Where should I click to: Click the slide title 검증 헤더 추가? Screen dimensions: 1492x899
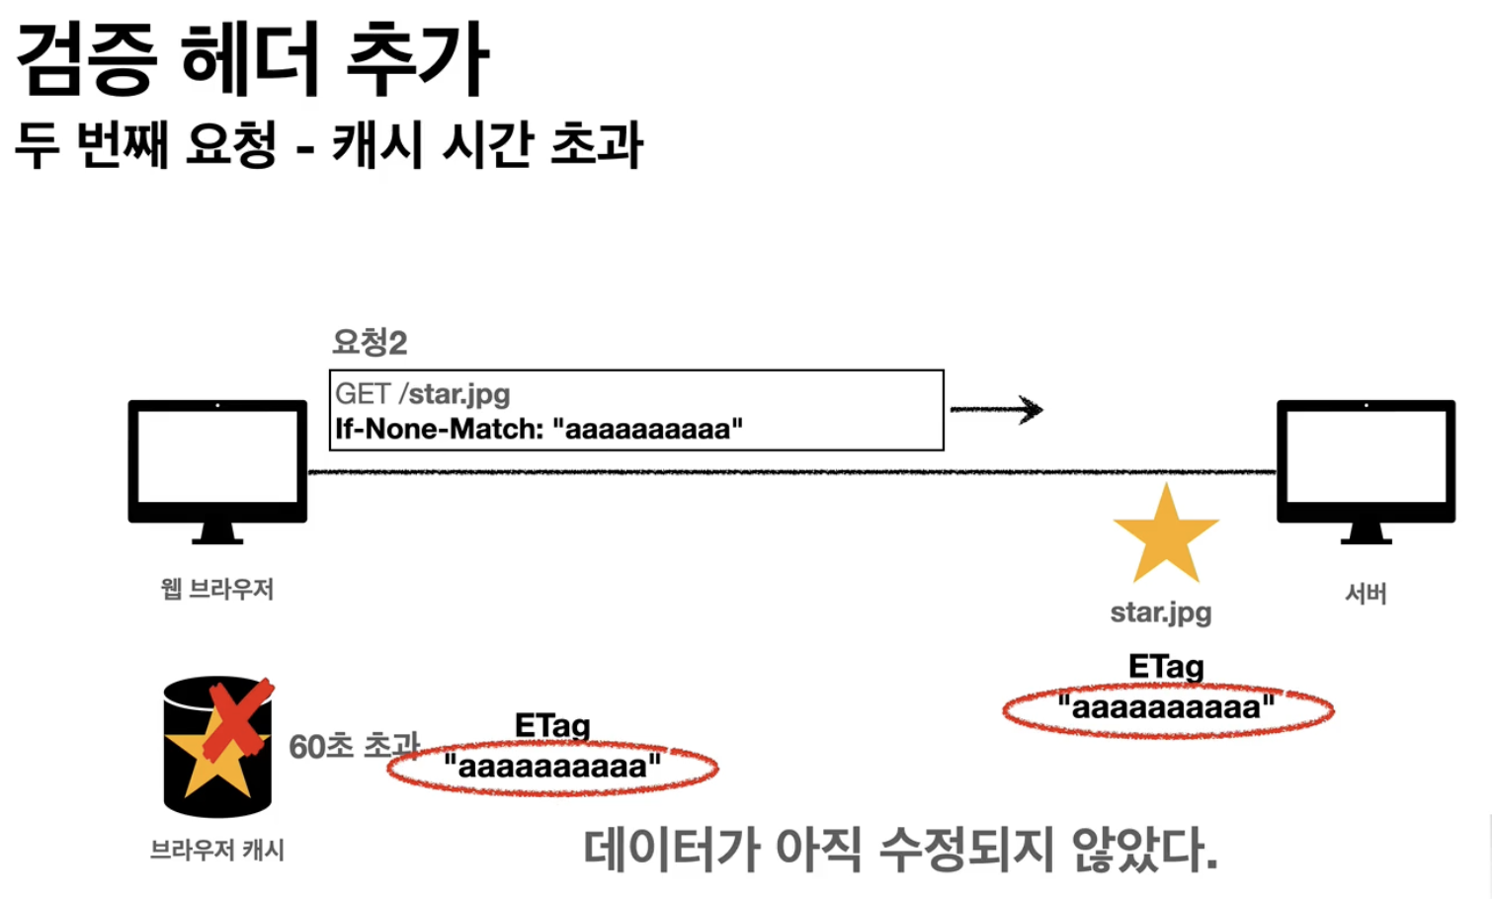point(253,59)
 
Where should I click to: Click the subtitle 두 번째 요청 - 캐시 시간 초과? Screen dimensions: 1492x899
point(328,144)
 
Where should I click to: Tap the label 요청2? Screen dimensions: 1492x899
point(370,343)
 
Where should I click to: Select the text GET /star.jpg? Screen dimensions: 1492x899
point(422,394)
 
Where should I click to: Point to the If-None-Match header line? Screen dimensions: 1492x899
point(539,429)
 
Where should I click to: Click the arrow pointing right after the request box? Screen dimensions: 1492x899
point(996,409)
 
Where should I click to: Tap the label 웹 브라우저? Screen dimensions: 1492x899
point(217,590)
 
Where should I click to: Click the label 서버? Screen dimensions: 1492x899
point(1366,594)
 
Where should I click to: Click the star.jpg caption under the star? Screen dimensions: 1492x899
point(1161,613)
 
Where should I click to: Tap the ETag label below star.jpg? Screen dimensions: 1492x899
point(1166,667)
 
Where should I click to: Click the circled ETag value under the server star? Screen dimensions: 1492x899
point(1167,708)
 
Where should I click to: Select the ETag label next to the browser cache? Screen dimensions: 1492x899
point(552,726)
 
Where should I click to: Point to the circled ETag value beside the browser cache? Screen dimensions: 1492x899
point(552,767)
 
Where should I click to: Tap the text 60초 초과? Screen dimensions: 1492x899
point(353,746)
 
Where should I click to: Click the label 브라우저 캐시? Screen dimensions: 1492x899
point(217,850)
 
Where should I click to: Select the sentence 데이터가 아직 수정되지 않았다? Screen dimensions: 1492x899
point(899,850)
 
